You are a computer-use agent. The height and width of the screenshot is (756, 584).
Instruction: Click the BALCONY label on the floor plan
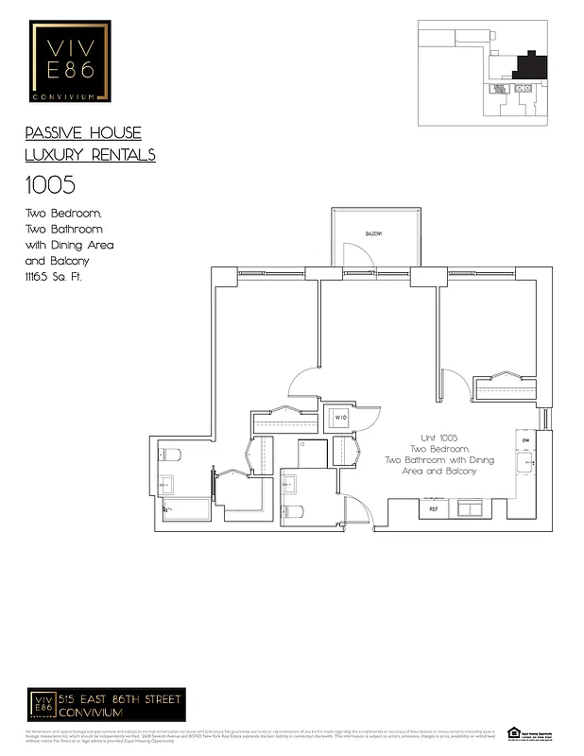373,232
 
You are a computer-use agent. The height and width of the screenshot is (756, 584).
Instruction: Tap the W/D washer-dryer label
340,416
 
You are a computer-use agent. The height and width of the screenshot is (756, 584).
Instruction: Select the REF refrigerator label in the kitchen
434,509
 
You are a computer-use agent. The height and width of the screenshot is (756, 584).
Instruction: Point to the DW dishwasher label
524,439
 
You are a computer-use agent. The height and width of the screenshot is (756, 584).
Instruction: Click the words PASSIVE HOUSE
83,133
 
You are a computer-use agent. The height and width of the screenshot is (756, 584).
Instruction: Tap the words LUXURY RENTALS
90,155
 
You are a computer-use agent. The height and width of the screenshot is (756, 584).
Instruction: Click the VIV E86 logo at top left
71,60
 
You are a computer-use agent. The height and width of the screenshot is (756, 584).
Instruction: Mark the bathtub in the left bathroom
187,510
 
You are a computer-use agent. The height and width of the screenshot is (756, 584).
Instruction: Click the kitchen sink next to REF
469,508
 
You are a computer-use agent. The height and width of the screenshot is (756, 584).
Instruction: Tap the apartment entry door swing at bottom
357,511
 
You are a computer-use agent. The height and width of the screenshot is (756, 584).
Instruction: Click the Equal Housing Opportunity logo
514,733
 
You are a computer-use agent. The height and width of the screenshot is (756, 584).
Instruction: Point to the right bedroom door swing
455,383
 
